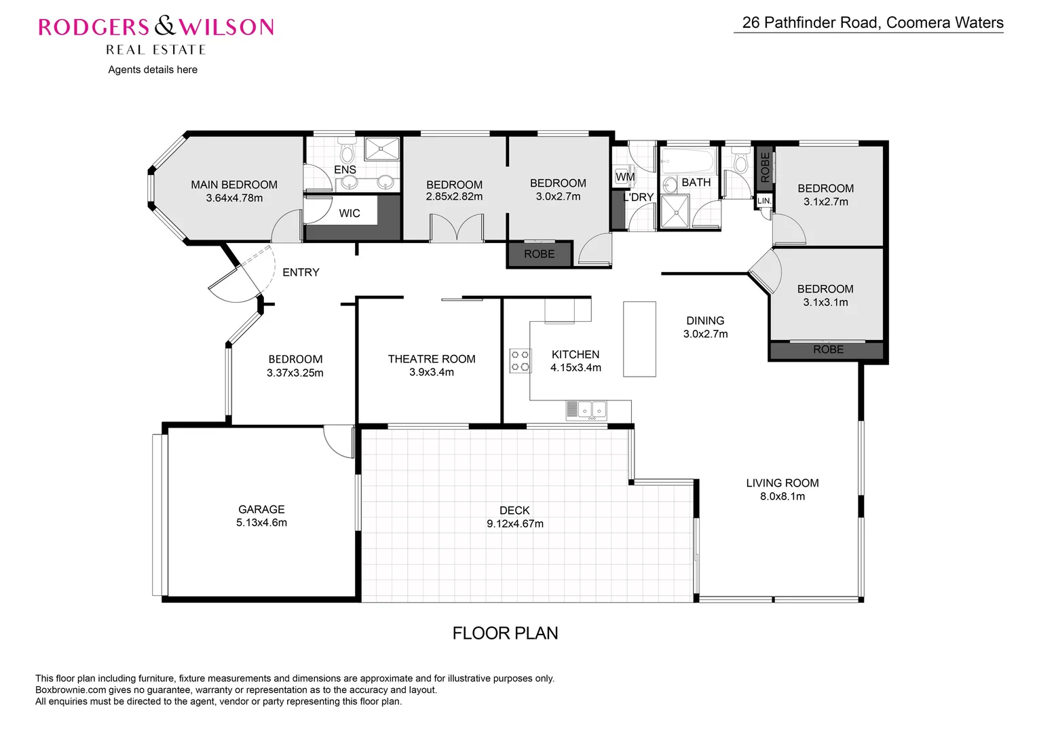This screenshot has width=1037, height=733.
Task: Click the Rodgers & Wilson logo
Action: pos(156,27)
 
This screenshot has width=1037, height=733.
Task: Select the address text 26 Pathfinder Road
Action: pos(812,22)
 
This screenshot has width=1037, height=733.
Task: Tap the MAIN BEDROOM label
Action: pos(234,185)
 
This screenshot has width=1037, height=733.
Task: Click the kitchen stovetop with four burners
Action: pos(521,360)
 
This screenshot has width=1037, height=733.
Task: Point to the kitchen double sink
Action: pos(586,409)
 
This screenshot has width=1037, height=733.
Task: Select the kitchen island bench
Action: pos(639,339)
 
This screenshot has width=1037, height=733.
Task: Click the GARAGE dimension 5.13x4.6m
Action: pos(261,523)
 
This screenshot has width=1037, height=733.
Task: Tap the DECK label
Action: pos(514,510)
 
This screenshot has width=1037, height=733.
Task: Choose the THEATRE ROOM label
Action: pos(432,359)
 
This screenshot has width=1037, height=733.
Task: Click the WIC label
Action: pos(350,213)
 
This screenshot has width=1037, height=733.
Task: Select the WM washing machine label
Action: pos(624,177)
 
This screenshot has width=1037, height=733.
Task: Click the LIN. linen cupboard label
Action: pos(763,201)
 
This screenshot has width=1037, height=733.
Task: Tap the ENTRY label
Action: pos(301,272)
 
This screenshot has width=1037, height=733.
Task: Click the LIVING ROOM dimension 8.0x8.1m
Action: pos(783,496)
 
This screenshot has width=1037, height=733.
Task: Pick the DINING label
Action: pos(705,320)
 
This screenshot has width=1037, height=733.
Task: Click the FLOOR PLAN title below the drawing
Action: pos(505,633)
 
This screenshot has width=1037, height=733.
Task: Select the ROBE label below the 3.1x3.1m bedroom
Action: pos(828,350)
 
